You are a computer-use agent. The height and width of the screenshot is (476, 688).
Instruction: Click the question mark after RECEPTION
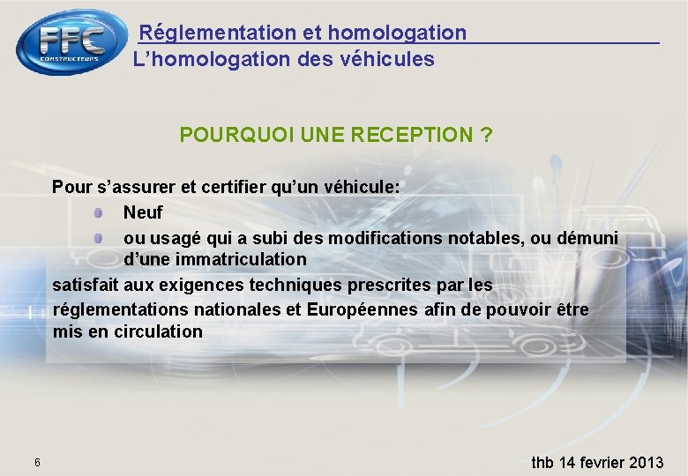point(486,135)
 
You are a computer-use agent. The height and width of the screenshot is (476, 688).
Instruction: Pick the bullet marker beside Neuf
point(101,212)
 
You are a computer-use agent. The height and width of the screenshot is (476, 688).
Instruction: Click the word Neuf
point(143,212)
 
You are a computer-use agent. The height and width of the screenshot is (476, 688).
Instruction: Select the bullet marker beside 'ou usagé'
point(101,238)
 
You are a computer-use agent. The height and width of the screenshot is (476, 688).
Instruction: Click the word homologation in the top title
point(397,33)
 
